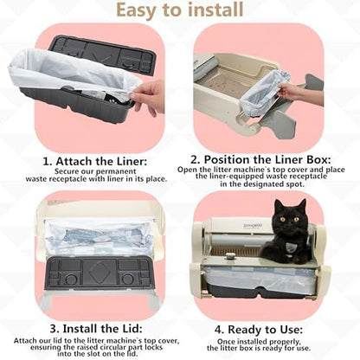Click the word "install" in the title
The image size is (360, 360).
[215, 10]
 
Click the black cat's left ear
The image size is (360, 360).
[279, 205]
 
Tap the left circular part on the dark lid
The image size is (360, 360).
[71, 279]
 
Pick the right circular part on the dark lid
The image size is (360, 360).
[127, 279]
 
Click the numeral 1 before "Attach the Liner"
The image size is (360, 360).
[47, 161]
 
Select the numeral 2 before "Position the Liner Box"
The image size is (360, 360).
[195, 159]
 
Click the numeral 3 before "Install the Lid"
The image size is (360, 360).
[54, 328]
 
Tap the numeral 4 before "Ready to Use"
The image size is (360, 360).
[218, 330]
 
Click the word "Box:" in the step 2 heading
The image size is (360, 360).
[318, 159]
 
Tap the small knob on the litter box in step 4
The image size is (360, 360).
[229, 255]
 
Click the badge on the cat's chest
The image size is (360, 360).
[289, 246]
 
